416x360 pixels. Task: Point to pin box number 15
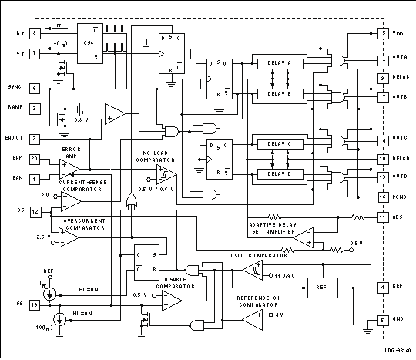382,34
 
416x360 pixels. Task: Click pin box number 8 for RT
35,33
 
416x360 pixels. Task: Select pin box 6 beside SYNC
35,89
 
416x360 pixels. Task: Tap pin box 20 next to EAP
35,159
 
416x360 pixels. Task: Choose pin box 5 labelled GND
382,321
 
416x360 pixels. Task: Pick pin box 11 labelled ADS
382,218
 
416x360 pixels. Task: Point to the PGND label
400,197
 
